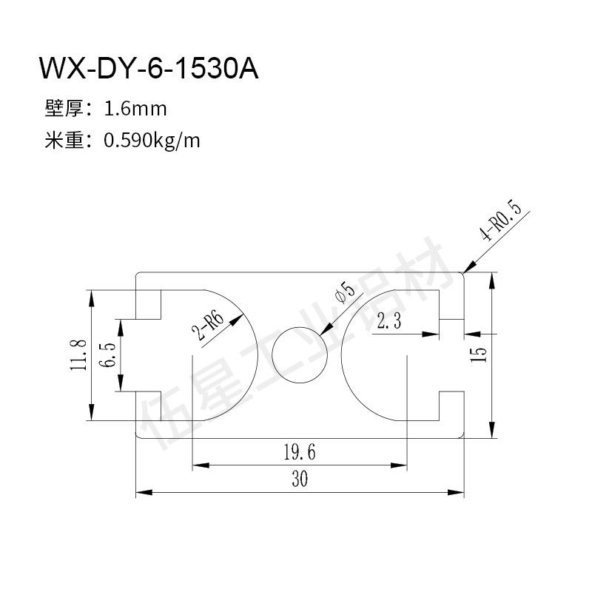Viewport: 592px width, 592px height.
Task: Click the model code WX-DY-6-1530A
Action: [149, 68]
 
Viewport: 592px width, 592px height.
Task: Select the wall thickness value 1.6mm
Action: [135, 109]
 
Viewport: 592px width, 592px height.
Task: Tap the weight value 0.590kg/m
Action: [152, 141]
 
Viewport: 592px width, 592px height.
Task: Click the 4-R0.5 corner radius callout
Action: [501, 221]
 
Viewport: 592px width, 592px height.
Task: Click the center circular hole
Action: [300, 355]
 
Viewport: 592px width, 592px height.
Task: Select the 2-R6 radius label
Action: [208, 326]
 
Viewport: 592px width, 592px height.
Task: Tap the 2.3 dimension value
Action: [389, 321]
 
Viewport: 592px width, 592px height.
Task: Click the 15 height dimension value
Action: [478, 355]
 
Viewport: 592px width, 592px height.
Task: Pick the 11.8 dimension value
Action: [79, 355]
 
